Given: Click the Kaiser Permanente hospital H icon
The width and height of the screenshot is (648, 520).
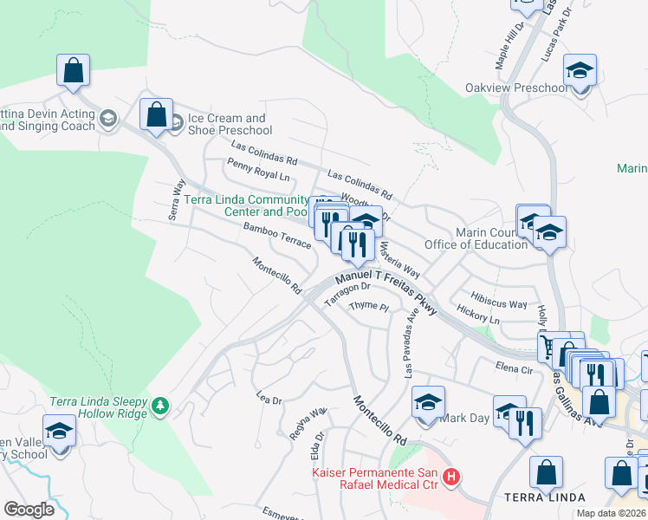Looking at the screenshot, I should pos(450,477).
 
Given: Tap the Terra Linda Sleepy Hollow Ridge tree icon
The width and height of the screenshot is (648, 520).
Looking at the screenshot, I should pos(160,406).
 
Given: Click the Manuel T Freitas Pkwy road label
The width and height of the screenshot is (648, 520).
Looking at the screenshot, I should pos(385,290).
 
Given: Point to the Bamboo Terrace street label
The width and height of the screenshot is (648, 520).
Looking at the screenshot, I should pos(277,235).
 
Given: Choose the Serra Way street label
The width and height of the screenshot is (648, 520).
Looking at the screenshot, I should pos(179,198).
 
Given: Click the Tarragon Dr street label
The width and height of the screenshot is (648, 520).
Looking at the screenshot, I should pos(347,295).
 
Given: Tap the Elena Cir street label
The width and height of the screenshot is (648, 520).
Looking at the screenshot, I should pos(513,367).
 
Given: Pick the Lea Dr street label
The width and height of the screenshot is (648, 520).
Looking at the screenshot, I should pos(269,400).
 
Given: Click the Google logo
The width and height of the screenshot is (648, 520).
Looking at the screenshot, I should pos(29,510).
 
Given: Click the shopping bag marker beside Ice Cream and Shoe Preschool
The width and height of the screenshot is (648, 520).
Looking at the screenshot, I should pos(156,115).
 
